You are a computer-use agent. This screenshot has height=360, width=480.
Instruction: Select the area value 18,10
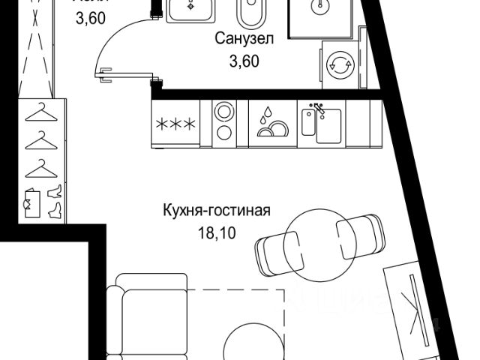click(215, 233)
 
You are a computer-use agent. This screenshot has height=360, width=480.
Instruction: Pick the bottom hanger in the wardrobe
click(41, 167)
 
